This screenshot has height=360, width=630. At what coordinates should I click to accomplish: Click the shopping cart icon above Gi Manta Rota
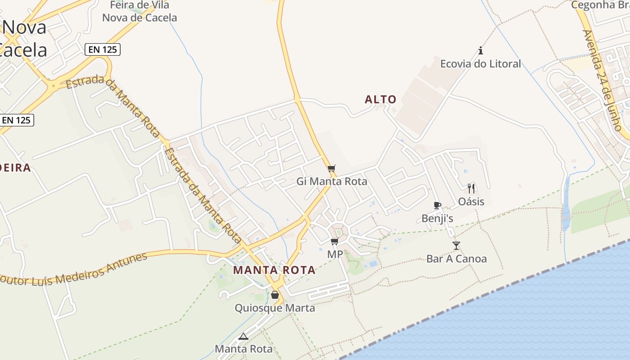[x=332, y=169]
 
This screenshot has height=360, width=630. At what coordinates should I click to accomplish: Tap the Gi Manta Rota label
[x=332, y=181]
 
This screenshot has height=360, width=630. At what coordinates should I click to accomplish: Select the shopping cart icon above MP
[x=334, y=242]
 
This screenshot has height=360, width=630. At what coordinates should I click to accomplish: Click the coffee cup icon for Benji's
[x=437, y=206]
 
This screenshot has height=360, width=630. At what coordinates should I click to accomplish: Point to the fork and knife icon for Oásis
[x=471, y=188]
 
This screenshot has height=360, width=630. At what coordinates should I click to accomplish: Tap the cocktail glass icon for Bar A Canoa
[x=456, y=246]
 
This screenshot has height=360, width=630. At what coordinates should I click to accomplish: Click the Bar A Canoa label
[x=456, y=259]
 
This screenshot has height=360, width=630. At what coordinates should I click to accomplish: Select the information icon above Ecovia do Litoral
[x=481, y=50]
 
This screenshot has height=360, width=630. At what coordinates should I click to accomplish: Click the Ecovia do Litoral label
[x=480, y=63]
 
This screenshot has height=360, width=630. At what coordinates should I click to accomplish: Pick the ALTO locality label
[x=381, y=99]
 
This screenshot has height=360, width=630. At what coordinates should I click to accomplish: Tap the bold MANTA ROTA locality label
[x=274, y=270]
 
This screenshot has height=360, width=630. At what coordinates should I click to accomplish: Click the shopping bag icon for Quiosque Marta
[x=275, y=295]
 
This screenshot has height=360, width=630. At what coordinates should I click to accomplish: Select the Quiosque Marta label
[x=275, y=308]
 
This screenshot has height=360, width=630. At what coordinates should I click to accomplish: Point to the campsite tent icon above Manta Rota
[x=243, y=336]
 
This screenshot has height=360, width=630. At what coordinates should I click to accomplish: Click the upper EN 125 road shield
[x=103, y=49]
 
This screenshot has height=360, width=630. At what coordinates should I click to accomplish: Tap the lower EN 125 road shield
[x=17, y=120]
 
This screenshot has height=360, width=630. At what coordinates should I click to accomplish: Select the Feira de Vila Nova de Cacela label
[x=139, y=12]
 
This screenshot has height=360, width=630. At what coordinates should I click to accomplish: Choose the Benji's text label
[x=437, y=218]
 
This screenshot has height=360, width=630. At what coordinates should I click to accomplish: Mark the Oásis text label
[x=471, y=201]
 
